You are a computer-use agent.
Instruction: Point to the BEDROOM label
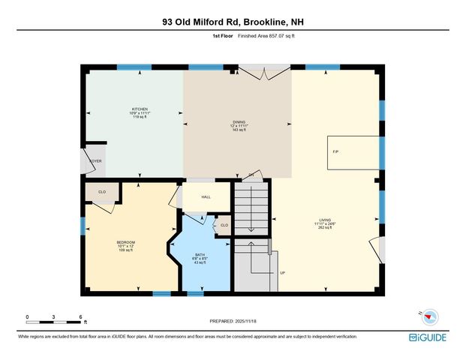[x=125, y=242]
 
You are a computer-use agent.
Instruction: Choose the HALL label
[x=206, y=196]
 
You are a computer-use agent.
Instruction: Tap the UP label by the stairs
[x=282, y=272]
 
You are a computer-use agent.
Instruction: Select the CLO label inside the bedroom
[x=102, y=192]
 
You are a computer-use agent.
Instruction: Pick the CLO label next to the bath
[x=224, y=225]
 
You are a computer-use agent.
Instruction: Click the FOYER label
[x=95, y=160]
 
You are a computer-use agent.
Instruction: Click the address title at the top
[x=233, y=22]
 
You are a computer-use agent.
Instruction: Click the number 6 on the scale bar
[x=80, y=316]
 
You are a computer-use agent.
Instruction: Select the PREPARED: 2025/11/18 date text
[x=234, y=321]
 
